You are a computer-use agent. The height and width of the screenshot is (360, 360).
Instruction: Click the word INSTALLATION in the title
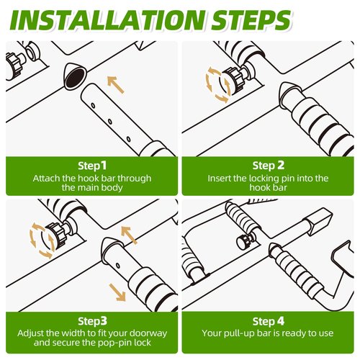[107, 20]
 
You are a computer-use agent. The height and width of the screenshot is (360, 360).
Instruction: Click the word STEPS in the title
[251, 20]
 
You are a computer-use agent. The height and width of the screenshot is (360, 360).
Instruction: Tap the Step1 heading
[92, 166]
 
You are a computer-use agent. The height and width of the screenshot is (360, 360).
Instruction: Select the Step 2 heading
[269, 166]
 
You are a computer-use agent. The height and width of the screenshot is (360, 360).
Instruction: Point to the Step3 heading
[92, 321]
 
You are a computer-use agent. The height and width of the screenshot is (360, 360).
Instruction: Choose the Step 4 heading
[269, 321]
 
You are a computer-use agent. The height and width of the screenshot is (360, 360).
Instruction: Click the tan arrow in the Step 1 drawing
[115, 84]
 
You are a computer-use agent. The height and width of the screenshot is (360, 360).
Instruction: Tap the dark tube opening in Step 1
[75, 78]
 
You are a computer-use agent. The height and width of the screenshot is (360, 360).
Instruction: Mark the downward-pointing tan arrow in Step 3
[117, 292]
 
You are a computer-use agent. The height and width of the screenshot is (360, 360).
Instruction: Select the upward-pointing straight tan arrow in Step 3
[129, 235]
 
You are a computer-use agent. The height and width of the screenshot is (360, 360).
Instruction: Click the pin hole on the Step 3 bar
[117, 266]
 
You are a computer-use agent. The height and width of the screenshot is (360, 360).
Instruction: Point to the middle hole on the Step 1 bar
[110, 122]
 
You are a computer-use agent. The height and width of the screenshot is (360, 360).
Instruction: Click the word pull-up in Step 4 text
[240, 333]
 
